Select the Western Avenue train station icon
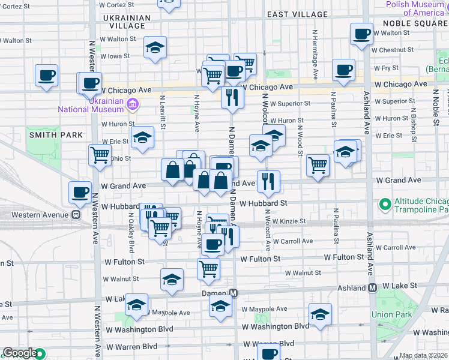pyautogui.click(x=76, y=214)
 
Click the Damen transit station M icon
pyautogui.click(x=234, y=293)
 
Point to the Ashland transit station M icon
pyautogui.click(x=373, y=288)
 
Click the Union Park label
pyautogui.click(x=391, y=314)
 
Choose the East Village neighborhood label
pyautogui.click(x=298, y=14)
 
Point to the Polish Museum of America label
pyautogui.click(x=415, y=8)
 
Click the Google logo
pyautogui.click(x=20, y=353)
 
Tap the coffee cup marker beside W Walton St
pyautogui.click(x=361, y=35)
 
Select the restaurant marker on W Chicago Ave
pyautogui.click(x=232, y=97)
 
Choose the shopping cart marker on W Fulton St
pyautogui.click(x=208, y=269)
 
